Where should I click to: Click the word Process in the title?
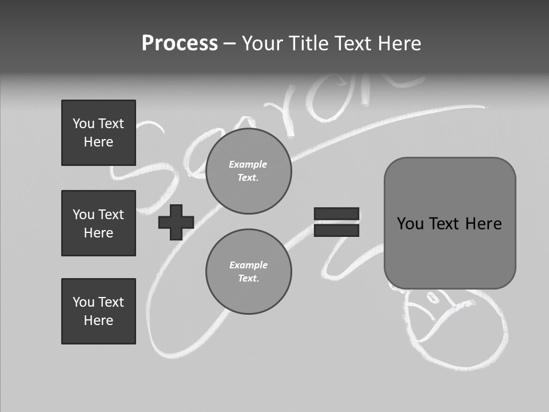coord(180,43)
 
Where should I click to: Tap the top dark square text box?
coord(98,133)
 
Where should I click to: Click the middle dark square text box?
coord(98,223)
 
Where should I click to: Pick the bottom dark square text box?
coord(98,311)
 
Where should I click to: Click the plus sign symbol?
coord(176,223)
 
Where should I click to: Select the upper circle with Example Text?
coord(248,171)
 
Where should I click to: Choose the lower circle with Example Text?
coord(248,272)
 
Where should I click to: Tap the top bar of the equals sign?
coord(336,214)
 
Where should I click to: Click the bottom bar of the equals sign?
coord(336,231)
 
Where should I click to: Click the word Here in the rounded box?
coord(483,224)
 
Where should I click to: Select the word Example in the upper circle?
coord(248,164)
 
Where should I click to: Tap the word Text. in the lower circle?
coord(248,279)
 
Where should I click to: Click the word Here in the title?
coord(400,43)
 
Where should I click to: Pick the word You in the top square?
coord(83,124)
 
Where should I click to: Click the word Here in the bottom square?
coord(98,320)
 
